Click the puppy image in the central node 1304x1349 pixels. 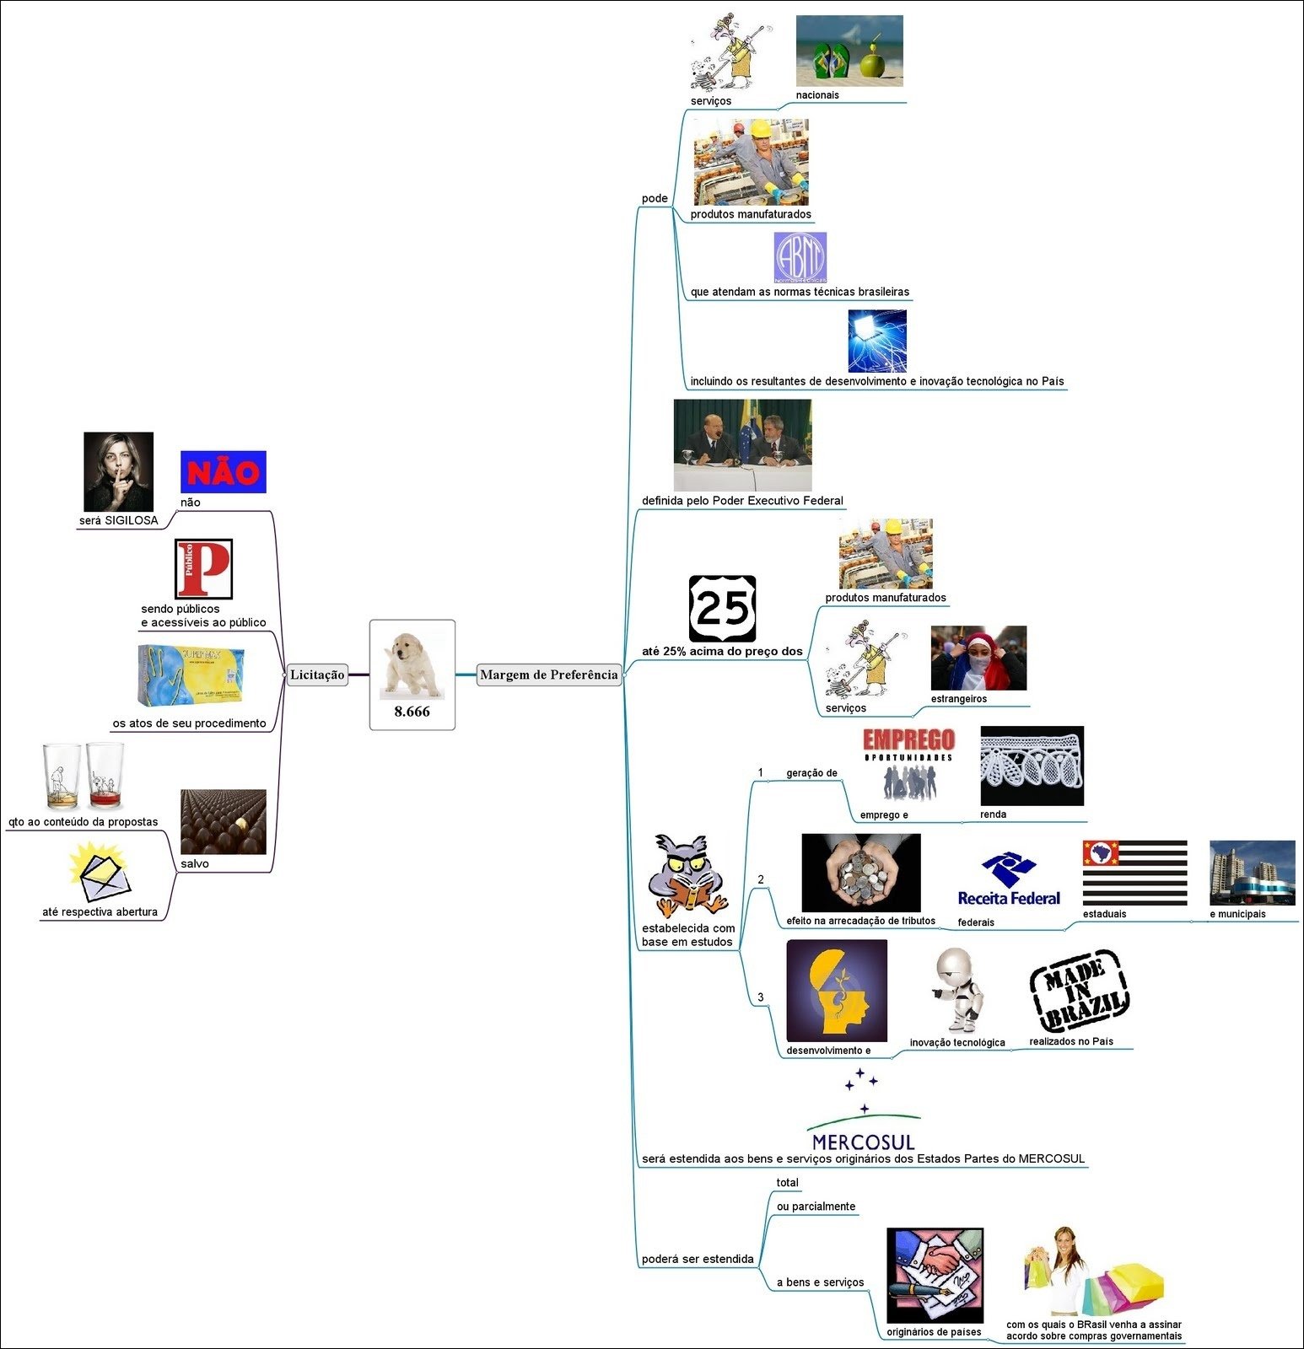pos(412,664)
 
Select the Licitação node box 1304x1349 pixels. pos(317,674)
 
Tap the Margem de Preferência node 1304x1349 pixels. pos(549,674)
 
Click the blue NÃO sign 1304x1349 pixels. pos(224,471)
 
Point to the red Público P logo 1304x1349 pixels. pos(203,569)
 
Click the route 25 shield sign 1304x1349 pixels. pos(722,609)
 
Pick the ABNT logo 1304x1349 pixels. pos(800,257)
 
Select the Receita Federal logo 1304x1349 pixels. pos(1009,881)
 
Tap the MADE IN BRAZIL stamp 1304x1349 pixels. pos(1079,992)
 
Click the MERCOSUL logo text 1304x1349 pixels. pos(863,1142)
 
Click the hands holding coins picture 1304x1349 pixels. pos(861,873)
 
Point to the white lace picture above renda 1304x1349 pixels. pos(1032,766)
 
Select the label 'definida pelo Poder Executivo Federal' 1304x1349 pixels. pos(742,501)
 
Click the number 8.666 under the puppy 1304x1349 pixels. pos(412,712)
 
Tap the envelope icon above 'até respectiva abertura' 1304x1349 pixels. pos(101,873)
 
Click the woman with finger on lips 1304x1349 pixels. pos(119,471)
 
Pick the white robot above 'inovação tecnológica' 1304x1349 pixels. pos(959,990)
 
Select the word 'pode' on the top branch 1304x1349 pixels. pos(655,199)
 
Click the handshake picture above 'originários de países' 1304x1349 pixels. pos(935,1275)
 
